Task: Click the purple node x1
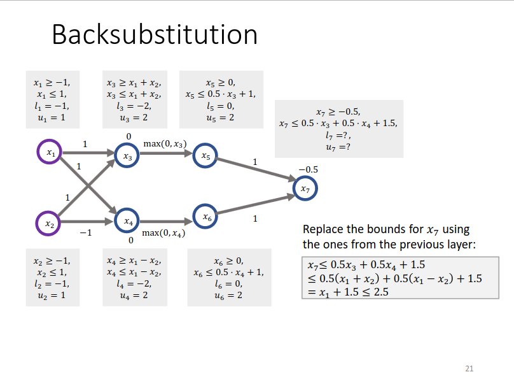pyautogui.click(x=50, y=152)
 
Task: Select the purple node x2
pyautogui.click(x=50, y=223)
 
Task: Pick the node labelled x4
pyautogui.click(x=127, y=222)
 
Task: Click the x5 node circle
pyautogui.click(x=205, y=155)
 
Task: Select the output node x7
pyautogui.click(x=305, y=189)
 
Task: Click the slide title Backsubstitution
pyautogui.click(x=155, y=34)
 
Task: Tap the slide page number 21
pyautogui.click(x=469, y=368)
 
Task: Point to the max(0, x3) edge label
pyautogui.click(x=165, y=144)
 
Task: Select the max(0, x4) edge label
pyautogui.click(x=163, y=233)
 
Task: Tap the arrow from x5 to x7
pyautogui.click(x=254, y=171)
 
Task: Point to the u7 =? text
pyautogui.click(x=338, y=147)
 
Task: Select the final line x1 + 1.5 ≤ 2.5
pyautogui.click(x=348, y=292)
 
